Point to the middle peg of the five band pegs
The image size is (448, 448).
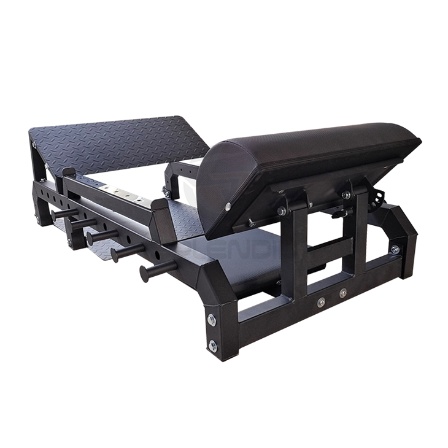pos(96,236)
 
